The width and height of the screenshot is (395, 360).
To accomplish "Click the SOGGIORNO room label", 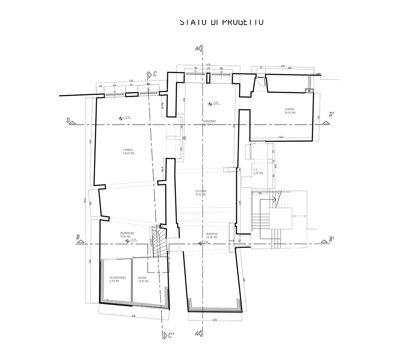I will tap(209, 121).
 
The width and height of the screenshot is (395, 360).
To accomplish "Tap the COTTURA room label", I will tap(201, 191).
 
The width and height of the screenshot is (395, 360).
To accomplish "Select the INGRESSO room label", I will tap(212, 234).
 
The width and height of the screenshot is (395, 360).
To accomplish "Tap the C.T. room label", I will tap(255, 170).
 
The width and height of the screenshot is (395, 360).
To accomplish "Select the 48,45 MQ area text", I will tap(128, 153).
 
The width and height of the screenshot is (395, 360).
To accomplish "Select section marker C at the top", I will tap(151, 74).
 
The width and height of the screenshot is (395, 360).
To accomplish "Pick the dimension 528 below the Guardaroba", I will tap(133, 316).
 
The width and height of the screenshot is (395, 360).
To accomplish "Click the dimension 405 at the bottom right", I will tap(215, 319).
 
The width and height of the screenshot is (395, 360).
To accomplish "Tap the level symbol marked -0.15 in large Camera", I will tap(121, 118).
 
